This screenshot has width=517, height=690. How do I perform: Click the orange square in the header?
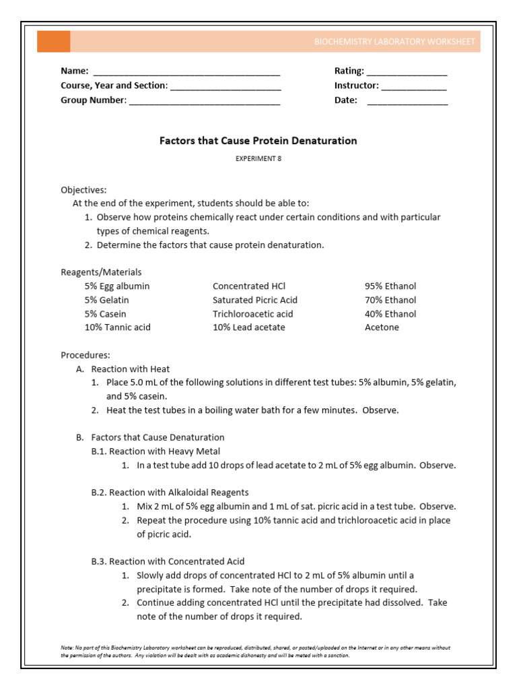click(x=53, y=41)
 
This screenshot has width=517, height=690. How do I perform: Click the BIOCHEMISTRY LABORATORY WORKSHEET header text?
click(x=394, y=42)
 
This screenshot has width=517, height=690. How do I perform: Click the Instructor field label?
click(x=356, y=86)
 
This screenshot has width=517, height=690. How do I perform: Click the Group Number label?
click(x=93, y=100)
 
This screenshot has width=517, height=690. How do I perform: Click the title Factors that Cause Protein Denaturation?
click(x=258, y=141)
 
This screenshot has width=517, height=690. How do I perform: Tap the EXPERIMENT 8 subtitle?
click(x=258, y=158)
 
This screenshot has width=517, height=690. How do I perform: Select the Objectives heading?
click(x=83, y=190)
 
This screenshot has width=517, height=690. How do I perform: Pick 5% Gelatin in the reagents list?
click(x=106, y=300)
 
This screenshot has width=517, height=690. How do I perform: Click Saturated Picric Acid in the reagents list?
click(x=254, y=300)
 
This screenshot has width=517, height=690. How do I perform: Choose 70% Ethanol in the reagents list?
click(x=390, y=300)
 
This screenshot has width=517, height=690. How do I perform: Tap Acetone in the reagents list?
click(x=382, y=327)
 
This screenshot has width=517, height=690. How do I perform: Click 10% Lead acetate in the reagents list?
click(x=248, y=327)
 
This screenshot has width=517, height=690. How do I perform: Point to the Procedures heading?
click(x=85, y=355)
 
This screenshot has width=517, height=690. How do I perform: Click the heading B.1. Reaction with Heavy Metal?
click(x=156, y=451)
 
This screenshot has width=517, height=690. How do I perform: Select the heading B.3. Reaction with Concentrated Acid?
click(x=168, y=561)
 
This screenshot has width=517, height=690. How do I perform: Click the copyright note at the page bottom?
click(x=256, y=652)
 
